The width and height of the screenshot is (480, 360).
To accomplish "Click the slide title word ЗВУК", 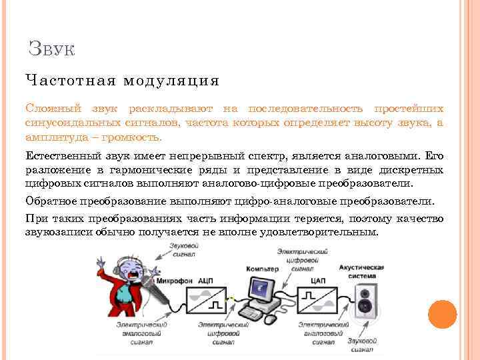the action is pos(52,49).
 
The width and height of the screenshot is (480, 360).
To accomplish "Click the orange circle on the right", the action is pos(442,314).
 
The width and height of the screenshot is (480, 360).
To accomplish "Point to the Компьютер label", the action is pos(262,269).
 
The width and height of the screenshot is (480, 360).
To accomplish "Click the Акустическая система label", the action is pos(361,271).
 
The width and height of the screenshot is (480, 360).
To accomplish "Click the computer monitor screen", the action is pos(261,288).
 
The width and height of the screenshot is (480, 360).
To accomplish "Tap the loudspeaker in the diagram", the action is pos(365,301).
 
